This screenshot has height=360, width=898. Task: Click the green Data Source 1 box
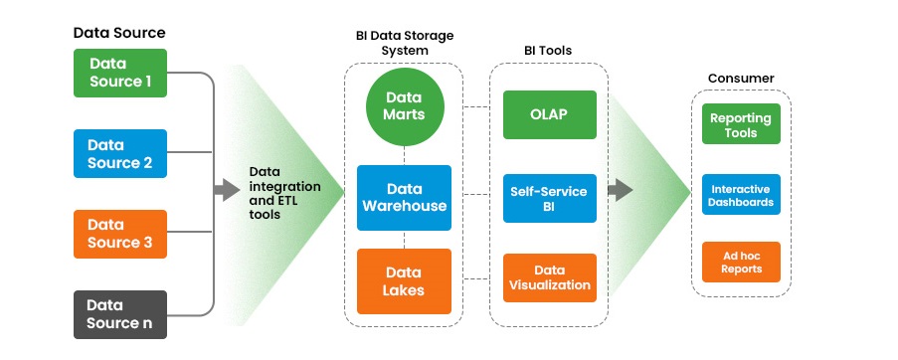tap(120, 73)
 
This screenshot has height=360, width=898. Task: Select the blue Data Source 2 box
tap(120, 153)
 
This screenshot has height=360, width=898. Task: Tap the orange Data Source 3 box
tap(120, 234)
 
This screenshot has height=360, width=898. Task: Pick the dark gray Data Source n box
tap(120, 313)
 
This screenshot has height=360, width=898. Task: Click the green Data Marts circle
tap(404, 106)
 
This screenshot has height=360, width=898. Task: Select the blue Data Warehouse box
tap(404, 198)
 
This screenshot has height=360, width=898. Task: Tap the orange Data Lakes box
tap(404, 281)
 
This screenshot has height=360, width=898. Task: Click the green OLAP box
tap(549, 115)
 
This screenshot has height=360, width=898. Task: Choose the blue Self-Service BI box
tap(549, 198)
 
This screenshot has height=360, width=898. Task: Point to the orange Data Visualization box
tap(549, 277)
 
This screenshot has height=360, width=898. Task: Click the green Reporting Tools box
tap(741, 124)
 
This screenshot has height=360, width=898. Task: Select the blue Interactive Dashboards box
tap(741, 194)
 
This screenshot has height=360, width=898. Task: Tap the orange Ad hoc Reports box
tap(741, 261)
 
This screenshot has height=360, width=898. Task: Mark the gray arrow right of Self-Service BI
tap(620, 189)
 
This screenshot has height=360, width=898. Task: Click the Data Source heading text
tap(119, 33)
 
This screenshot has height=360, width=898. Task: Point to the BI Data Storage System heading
tap(404, 43)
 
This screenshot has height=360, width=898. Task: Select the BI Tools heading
tap(548, 50)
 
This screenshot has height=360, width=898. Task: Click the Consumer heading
tap(741, 78)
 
